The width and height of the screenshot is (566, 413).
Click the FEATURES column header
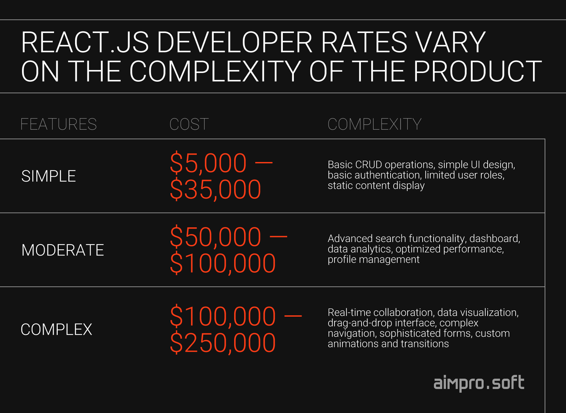[x=58, y=124]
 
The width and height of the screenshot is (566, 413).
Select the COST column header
[x=189, y=124]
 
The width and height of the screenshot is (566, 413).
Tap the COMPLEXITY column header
[x=375, y=124]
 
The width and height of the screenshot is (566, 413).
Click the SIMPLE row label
[x=48, y=176]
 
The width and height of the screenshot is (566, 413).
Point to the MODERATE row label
[x=63, y=250]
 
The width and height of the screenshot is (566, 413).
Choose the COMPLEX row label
[x=56, y=329]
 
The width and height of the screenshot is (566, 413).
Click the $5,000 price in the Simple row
[x=208, y=163]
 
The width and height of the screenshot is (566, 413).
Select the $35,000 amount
[x=215, y=189]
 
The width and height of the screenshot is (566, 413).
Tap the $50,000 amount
[x=215, y=237]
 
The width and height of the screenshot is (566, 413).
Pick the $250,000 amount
[x=223, y=343]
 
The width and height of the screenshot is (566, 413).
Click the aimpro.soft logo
[x=479, y=383]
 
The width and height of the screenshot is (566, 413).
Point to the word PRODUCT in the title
[x=478, y=71]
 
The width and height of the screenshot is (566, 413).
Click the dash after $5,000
[x=264, y=163]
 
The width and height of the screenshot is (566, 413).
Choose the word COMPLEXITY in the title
[x=215, y=71]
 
